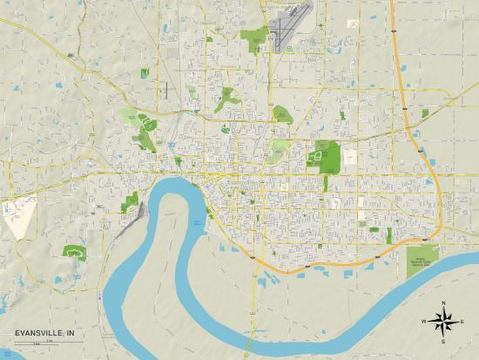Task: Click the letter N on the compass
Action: (443, 302)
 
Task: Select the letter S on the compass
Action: (443, 341)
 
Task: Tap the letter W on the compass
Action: (424, 322)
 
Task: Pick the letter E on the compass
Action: (462, 322)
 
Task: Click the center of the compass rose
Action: (443, 322)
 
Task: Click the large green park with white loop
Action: (330, 158)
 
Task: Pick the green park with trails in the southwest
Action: (74, 251)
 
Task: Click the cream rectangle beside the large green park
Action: (350, 158)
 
